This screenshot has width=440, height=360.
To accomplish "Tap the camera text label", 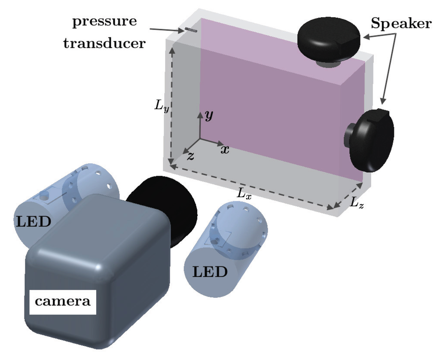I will pos(63,301).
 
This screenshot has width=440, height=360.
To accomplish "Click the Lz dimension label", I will pos(356,203).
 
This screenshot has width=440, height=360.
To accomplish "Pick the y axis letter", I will pos(209,115).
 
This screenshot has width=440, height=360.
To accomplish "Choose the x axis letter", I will pos(224,149).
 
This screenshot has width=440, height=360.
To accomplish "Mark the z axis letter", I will pos(190,156).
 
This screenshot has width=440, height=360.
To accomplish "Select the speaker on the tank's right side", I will pos(372,140).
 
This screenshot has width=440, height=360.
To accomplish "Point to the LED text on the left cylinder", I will pos(34,222).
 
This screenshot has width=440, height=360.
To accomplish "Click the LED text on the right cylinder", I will pos(210,272).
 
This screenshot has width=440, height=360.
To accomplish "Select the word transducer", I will pos(104,43).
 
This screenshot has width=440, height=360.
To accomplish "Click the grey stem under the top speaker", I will pos(328,64).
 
